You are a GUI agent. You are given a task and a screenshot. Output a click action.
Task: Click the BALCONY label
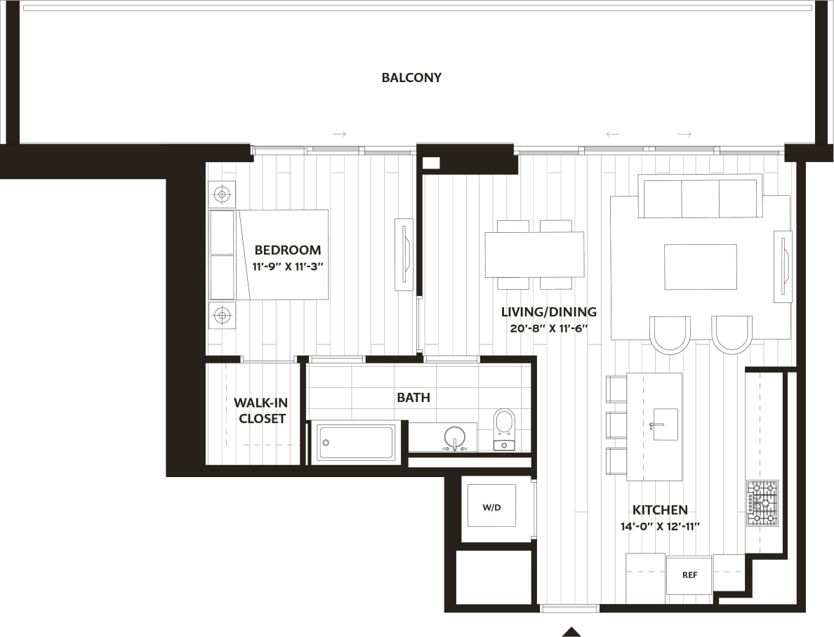[411, 77]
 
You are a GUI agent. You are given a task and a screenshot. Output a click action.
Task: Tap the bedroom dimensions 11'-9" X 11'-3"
[287, 267]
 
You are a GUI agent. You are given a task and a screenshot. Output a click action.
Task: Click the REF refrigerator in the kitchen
[689, 575]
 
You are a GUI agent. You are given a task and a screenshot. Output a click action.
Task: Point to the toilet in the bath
[504, 429]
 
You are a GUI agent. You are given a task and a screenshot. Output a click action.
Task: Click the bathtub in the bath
[356, 442]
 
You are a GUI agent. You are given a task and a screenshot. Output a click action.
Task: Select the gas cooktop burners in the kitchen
[762, 502]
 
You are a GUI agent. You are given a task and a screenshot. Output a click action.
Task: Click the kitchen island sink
[665, 424]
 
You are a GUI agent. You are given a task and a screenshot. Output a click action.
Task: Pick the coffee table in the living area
[700, 267]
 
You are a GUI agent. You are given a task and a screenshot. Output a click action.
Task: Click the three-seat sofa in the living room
[700, 197]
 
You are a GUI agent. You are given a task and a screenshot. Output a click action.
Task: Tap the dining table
[534, 254]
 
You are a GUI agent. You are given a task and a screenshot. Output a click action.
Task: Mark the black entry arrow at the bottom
[571, 631]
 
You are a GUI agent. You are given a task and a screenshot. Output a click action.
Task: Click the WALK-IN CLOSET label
[261, 410]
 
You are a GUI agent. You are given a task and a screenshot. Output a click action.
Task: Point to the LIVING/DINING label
[548, 311]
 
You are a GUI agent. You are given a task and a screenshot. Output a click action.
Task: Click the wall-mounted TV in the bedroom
[404, 254]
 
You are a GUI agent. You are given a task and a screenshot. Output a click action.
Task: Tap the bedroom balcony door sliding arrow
[339, 133]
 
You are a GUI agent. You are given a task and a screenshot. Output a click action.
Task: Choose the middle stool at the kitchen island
[616, 424]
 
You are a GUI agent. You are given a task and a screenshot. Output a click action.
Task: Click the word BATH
[413, 397]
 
